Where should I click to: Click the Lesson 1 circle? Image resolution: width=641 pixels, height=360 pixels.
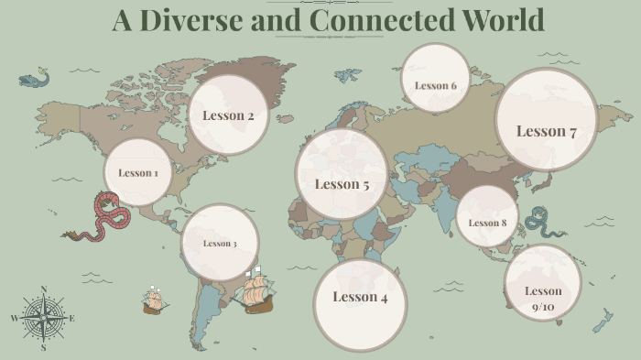pos(138,173)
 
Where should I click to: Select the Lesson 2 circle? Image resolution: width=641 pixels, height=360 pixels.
pos(228,115)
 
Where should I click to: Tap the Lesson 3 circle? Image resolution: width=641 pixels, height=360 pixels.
pos(220,243)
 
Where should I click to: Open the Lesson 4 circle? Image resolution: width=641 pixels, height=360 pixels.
pos(360,297)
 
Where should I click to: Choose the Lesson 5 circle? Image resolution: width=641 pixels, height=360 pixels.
pos(342,184)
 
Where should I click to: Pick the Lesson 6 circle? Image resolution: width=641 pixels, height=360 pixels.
pos(435,86)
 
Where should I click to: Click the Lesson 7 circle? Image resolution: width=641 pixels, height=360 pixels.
pos(546,131)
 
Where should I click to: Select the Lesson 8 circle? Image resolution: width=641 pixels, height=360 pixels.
pos(487,223)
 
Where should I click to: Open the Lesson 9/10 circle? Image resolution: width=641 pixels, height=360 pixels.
pos(543,298)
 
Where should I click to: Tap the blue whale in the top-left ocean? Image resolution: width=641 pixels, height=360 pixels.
pos(34,81)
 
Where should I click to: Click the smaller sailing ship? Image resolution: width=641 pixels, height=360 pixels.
pos(153,300)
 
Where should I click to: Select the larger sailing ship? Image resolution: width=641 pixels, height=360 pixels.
pos(255,291)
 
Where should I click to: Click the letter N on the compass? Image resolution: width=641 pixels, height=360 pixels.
pos(44,290)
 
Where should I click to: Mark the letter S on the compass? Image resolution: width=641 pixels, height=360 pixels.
pos(43,348)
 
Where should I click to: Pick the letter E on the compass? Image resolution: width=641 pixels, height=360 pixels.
pos(72,319)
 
